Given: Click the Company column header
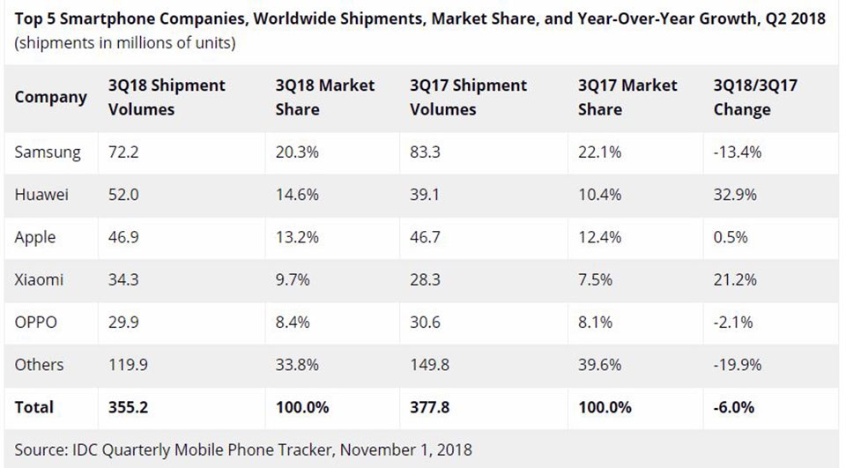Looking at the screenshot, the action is (x=50, y=98).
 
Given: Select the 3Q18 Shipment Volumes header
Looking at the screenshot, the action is (x=167, y=97).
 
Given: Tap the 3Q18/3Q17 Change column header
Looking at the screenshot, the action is (x=755, y=97).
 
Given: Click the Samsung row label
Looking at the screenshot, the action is (x=48, y=152).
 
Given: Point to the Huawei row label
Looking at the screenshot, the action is (x=41, y=194).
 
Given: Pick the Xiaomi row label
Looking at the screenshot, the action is (x=39, y=279).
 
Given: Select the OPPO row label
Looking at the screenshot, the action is (x=35, y=323).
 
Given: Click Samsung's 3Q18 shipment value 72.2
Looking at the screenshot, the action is (x=123, y=152).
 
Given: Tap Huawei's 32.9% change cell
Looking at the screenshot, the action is (x=735, y=194).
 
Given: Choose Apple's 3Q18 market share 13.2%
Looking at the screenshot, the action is (x=297, y=237).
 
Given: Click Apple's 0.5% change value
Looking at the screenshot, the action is (x=731, y=237).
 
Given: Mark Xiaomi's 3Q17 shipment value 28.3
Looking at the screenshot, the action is (x=425, y=279).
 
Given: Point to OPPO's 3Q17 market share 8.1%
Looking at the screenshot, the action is (x=595, y=323).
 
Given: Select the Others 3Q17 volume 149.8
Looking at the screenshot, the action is (x=429, y=365).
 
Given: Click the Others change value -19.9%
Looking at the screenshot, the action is (x=738, y=365).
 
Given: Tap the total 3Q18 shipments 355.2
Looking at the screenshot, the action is (x=129, y=407).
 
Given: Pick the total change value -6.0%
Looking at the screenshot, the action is (x=734, y=407).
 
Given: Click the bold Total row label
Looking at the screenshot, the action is (x=34, y=407).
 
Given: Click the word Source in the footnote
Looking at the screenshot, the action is (x=41, y=449).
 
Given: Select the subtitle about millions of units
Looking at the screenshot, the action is (x=125, y=43).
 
